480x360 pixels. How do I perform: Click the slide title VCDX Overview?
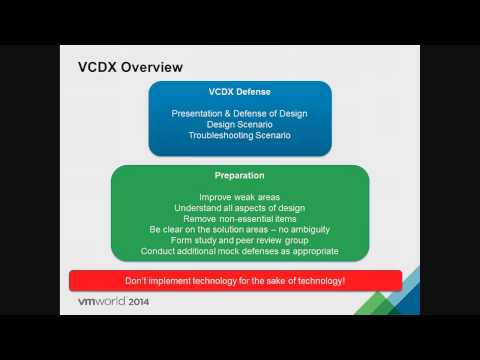point(130,68)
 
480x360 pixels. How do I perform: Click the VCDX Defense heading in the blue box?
point(240,92)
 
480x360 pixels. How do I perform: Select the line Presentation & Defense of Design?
point(239,114)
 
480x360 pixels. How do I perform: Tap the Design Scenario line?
point(239,125)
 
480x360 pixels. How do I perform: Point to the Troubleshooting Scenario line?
point(239,136)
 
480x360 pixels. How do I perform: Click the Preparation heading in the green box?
point(239,176)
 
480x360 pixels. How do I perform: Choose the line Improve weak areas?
point(239,197)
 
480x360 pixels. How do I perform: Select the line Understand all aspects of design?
point(239,208)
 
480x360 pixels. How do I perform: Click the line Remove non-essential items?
point(239,219)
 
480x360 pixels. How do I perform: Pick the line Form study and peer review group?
point(239,241)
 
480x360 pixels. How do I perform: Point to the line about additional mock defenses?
point(239,252)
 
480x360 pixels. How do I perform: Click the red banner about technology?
point(235,281)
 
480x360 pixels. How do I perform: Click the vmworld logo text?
point(111,301)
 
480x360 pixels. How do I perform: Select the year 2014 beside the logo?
point(163,301)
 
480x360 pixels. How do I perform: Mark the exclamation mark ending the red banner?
point(345,281)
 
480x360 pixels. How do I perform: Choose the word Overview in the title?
point(156,68)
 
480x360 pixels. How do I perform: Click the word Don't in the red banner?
point(138,281)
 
